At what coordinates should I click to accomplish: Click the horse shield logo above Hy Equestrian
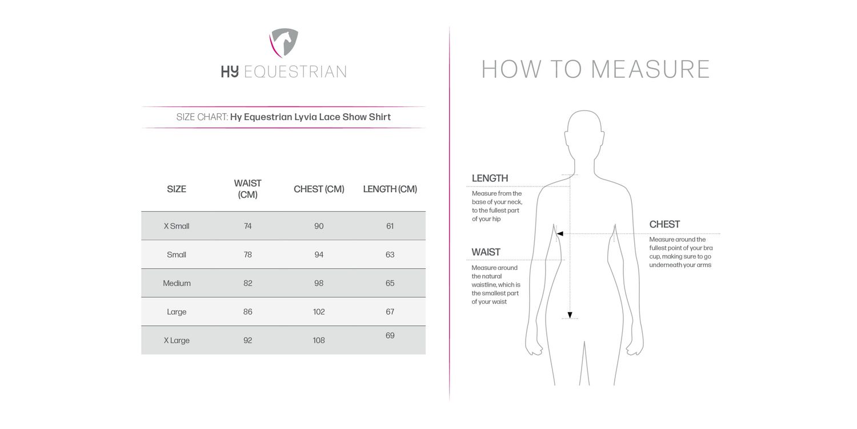(284, 43)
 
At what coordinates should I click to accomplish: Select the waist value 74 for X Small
(247, 226)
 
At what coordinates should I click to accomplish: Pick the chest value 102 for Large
(319, 312)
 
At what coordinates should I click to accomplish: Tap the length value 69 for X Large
(390, 336)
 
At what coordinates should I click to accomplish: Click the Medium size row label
(177, 283)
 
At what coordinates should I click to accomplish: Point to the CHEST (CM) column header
(319, 189)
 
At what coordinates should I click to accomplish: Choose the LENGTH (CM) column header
(390, 189)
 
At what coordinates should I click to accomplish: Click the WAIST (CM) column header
(247, 189)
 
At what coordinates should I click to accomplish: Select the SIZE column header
(177, 189)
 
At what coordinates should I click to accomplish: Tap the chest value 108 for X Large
(319, 340)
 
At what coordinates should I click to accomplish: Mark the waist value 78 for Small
(247, 255)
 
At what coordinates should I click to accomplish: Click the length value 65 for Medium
(390, 283)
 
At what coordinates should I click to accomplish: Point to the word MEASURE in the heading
(650, 69)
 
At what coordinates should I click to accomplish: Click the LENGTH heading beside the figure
(490, 178)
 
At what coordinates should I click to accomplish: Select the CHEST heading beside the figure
(664, 224)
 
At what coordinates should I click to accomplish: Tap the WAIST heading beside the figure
(486, 252)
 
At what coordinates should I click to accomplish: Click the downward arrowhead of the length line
(570, 315)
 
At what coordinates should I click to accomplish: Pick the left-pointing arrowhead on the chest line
(560, 233)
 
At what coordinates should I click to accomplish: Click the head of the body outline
(584, 132)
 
